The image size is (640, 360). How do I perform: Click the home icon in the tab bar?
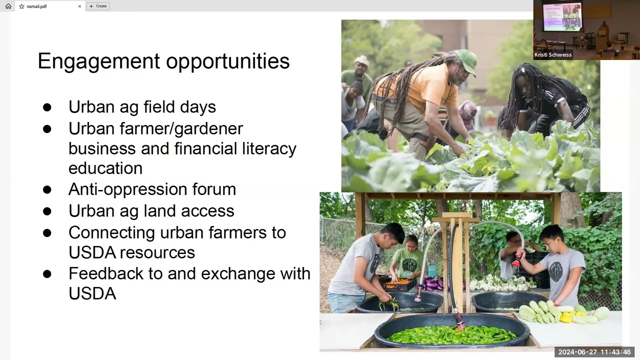tap(8, 6)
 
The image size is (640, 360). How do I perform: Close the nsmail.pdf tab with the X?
tap(79, 6)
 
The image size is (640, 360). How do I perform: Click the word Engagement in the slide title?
tap(99, 61)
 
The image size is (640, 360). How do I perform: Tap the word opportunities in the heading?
tap(228, 61)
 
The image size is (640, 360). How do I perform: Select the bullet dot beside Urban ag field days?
tap(47, 107)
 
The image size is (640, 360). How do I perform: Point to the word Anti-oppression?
tap(127, 189)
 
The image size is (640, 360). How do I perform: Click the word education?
tap(105, 168)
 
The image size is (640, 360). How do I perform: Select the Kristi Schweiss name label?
tap(553, 54)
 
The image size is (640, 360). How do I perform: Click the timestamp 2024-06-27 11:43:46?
tap(594, 352)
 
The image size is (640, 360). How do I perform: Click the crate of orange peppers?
tap(398, 284)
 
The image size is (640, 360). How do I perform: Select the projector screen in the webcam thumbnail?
tap(561, 16)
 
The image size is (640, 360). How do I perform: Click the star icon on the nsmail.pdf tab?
tap(21, 6)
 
